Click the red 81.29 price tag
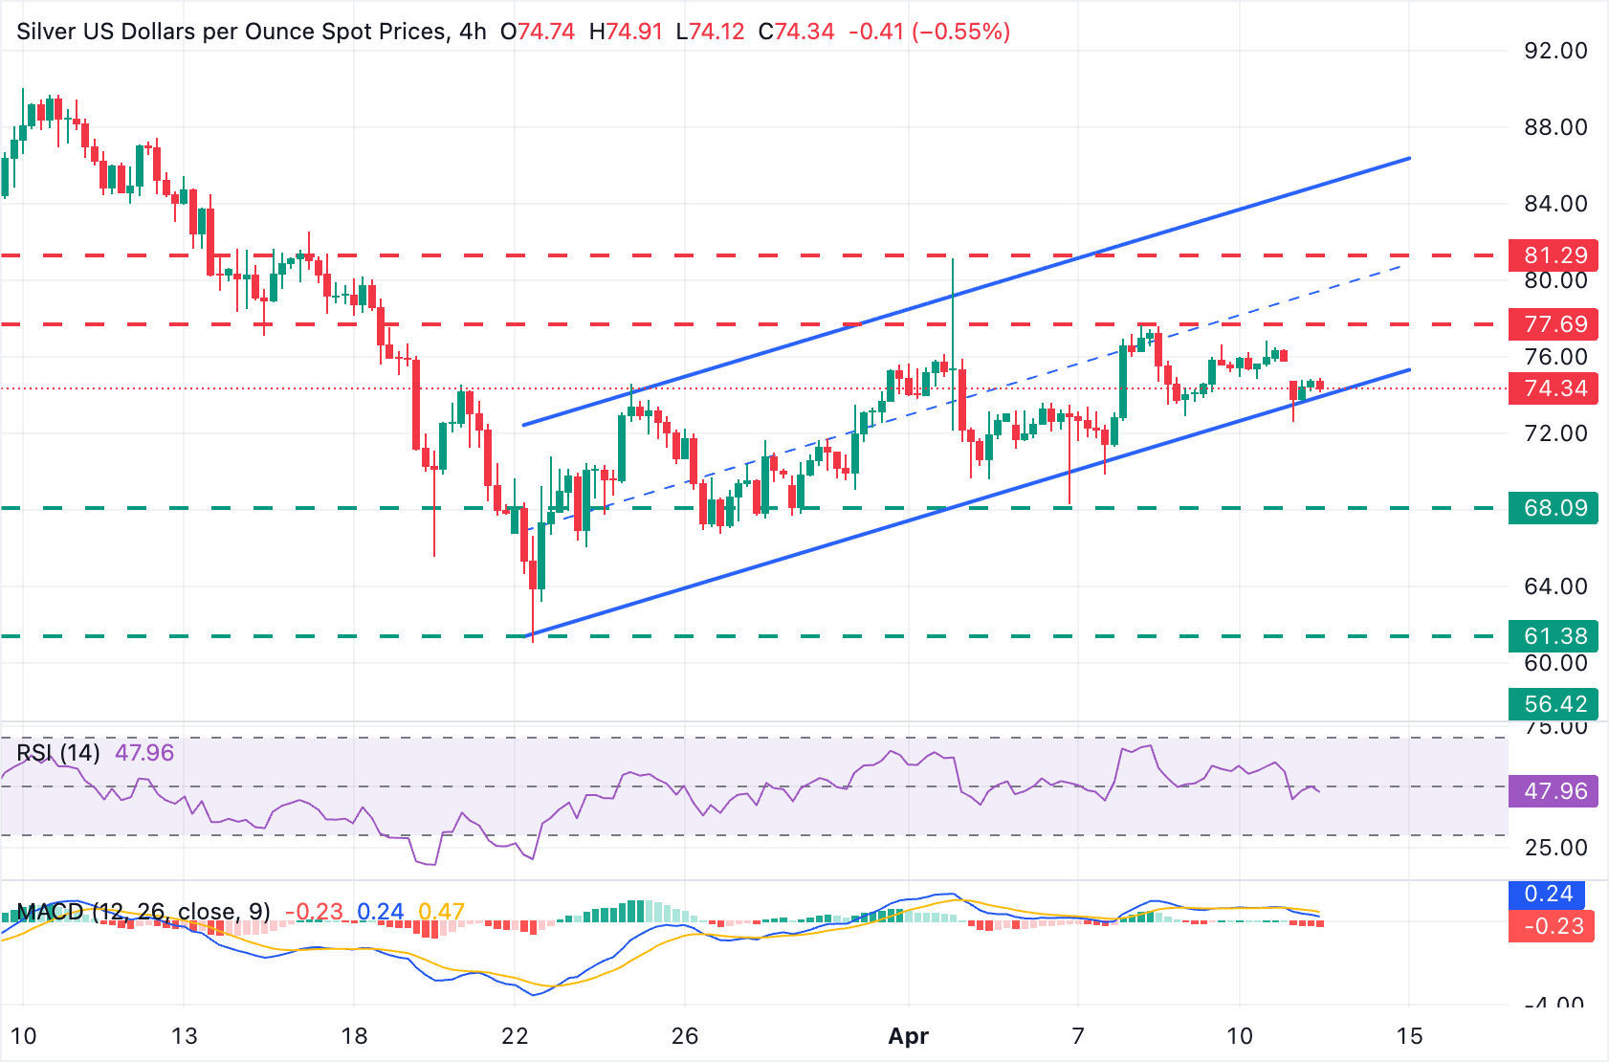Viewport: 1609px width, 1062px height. click(x=1554, y=255)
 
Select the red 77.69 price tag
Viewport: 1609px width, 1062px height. click(x=1554, y=324)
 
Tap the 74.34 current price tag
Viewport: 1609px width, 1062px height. click(x=1554, y=388)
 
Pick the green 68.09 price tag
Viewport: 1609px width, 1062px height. click(x=1554, y=508)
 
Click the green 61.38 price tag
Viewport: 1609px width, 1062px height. click(x=1554, y=636)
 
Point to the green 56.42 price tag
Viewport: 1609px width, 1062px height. click(x=1554, y=704)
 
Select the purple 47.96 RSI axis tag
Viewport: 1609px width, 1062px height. click(x=1554, y=791)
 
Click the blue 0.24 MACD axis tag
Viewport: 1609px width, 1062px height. click(x=1548, y=894)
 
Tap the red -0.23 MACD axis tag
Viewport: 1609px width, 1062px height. click(x=1553, y=926)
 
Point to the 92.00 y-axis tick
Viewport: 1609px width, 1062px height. click(x=1555, y=51)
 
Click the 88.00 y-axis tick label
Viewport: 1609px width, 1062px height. click(x=1555, y=127)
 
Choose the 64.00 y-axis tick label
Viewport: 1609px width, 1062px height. click(x=1555, y=586)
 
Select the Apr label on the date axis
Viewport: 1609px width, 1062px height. click(x=908, y=1036)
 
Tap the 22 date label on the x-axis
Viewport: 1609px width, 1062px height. click(x=515, y=1036)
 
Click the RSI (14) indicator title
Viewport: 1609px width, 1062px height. click(x=58, y=753)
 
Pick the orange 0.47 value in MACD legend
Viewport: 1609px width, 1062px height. click(x=442, y=912)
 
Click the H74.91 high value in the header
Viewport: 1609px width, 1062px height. click(x=626, y=32)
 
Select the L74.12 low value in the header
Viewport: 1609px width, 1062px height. click(x=710, y=32)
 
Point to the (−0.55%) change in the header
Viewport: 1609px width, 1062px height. click(x=960, y=32)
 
